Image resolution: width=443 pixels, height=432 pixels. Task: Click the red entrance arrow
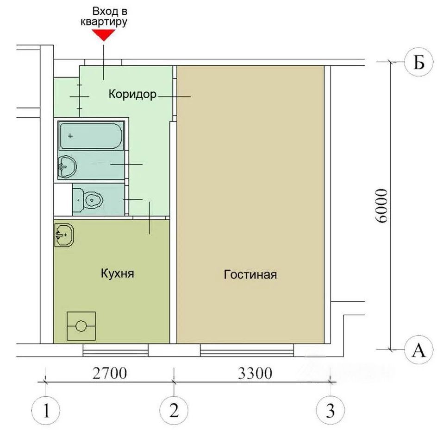coord(104,35)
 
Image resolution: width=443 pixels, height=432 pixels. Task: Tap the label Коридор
coord(132,94)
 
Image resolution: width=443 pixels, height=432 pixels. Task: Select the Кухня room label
coord(118,273)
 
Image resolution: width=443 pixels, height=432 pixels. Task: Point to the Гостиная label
coord(250,274)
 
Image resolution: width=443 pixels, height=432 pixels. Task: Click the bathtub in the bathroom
coord(91,136)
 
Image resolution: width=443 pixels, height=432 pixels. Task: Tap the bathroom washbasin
coord(67,166)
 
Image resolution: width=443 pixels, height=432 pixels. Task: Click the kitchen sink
coord(64,235)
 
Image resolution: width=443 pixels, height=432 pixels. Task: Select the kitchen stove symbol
coord(81,326)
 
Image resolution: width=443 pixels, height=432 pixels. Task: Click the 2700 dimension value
coord(110,373)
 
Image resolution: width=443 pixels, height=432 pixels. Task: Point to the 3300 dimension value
coord(255,373)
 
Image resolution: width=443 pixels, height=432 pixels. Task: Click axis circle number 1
coord(46,411)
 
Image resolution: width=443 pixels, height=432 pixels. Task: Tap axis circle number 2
coord(174,410)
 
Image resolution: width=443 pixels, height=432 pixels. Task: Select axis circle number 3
coord(330,410)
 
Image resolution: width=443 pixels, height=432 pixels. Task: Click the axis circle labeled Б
coord(419,62)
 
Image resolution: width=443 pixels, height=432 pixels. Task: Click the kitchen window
coord(116,350)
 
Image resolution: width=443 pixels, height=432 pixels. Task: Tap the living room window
coord(247,350)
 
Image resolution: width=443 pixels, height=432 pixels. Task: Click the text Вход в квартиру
coord(104,17)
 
